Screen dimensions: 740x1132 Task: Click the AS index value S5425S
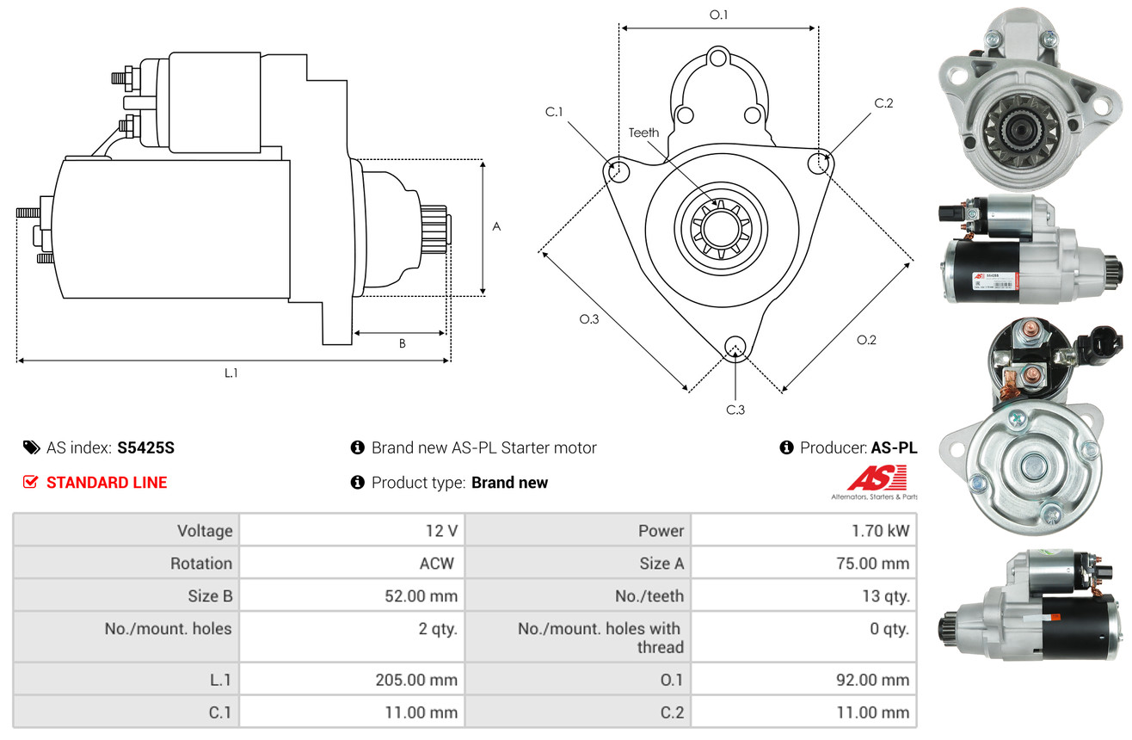[146, 447]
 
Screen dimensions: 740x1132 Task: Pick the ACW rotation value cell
[436, 564]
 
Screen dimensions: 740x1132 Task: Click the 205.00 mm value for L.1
[415, 680]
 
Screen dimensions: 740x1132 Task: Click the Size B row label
[210, 595]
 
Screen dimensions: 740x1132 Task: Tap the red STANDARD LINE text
[107, 483]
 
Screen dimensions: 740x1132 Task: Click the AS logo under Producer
[876, 478]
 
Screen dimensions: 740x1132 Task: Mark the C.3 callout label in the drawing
[735, 410]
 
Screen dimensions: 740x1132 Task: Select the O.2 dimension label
[866, 340]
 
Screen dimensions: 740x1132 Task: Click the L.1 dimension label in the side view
[231, 373]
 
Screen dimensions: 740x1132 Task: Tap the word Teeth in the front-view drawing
[643, 133]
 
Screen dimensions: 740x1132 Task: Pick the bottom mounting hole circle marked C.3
[735, 347]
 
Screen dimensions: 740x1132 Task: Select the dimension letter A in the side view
[496, 227]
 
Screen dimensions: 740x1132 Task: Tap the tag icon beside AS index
[31, 447]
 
